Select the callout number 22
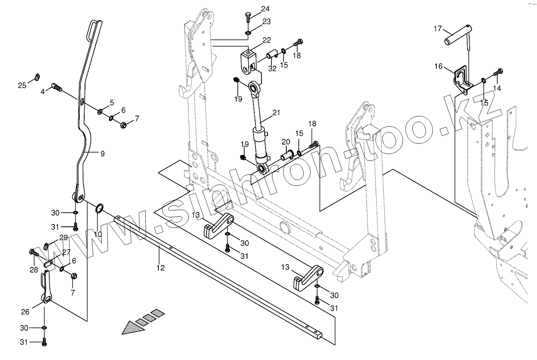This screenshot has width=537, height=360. coord(267,40)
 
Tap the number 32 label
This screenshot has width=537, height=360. coord(272,69)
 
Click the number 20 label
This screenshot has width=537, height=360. coord(286,142)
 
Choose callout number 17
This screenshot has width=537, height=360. coord(437,29)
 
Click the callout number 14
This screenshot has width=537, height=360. coord(497,88)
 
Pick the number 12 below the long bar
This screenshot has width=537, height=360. coord(160,268)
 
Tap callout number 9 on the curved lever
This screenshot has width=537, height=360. coord(102,153)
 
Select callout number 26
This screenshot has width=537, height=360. coord(25,311)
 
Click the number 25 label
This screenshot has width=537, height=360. coord(22,85)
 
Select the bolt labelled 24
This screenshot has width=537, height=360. coord(247,16)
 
